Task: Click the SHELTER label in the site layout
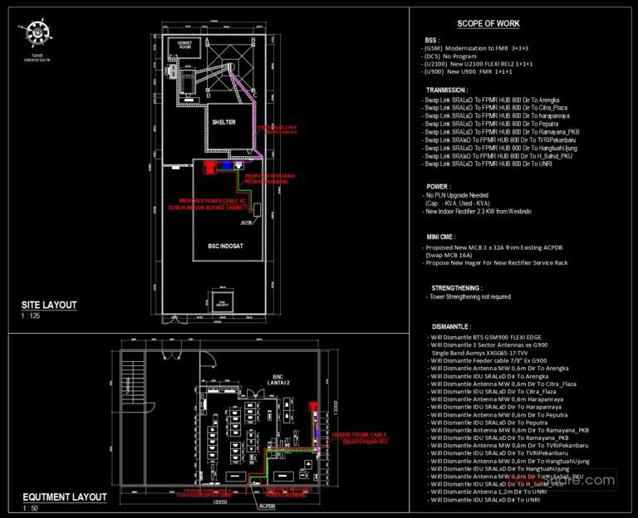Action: [223, 122]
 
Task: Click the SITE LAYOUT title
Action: [50, 305]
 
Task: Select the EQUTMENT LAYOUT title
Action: [65, 497]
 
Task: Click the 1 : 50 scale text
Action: [31, 508]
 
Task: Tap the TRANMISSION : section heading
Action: [447, 90]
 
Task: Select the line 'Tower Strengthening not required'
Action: [470, 296]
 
